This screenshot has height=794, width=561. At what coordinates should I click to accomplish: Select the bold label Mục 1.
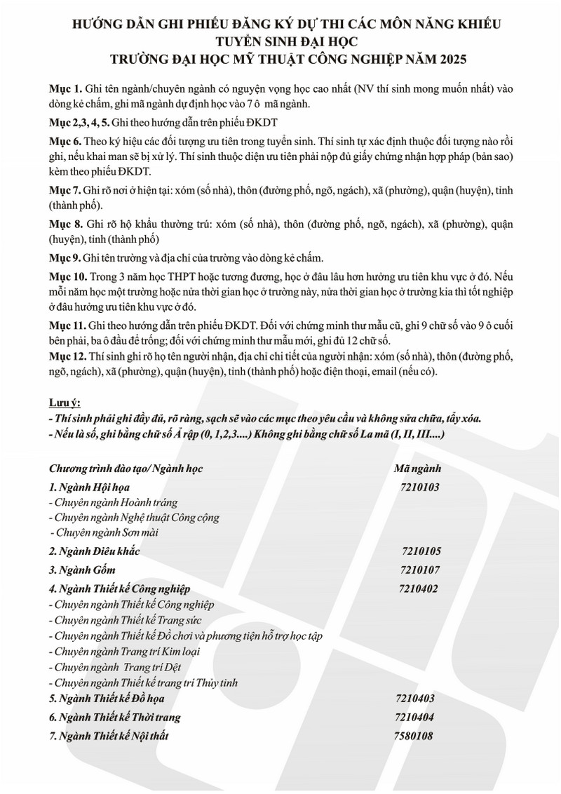(65, 91)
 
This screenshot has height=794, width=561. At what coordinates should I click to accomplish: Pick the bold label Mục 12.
(67, 356)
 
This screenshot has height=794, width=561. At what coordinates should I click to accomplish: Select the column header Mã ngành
(419, 468)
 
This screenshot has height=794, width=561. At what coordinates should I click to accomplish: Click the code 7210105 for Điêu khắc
(422, 551)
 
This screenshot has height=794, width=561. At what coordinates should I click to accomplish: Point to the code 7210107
(419, 569)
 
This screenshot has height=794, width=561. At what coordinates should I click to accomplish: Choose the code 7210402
(418, 588)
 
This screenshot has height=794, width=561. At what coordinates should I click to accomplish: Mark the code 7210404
(416, 717)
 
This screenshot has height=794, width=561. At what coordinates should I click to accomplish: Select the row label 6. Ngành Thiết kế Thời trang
(115, 717)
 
